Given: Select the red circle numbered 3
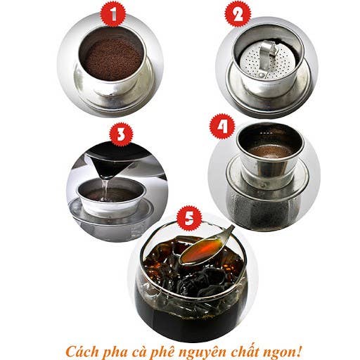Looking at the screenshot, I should [120, 132].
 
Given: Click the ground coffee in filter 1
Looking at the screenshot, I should [112, 57].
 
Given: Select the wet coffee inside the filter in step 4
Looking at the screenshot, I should [268, 150].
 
